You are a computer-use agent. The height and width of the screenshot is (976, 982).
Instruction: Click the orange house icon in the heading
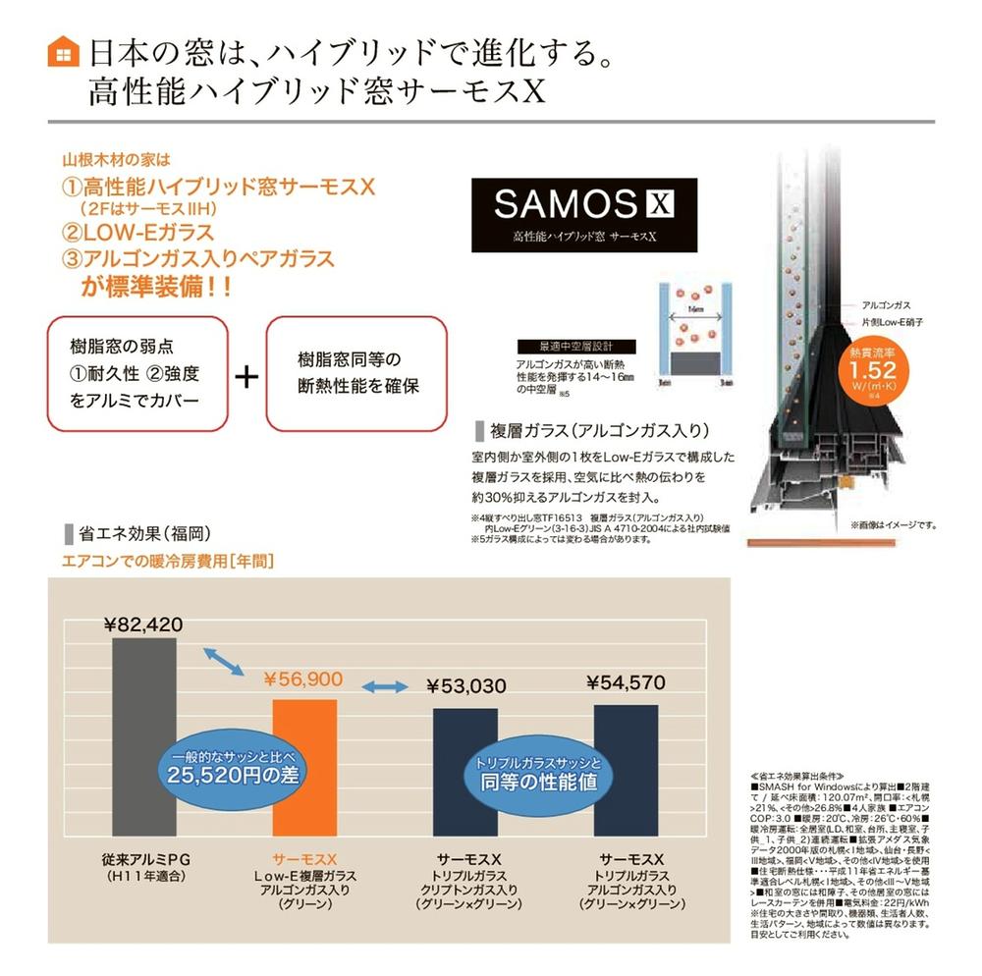[63, 51]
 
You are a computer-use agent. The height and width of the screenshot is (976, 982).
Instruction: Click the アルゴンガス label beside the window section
[882, 305]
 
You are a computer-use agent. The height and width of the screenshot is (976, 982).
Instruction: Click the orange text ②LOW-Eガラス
[137, 233]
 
